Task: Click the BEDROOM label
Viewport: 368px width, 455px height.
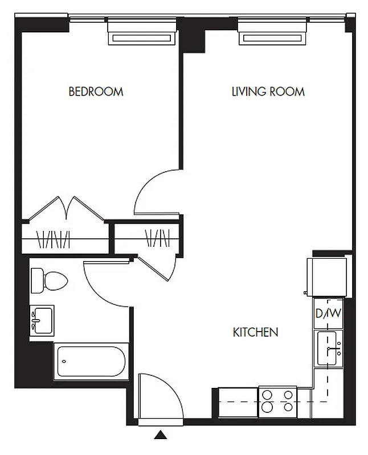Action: [x=96, y=92]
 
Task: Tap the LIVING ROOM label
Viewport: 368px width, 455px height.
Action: [x=268, y=92]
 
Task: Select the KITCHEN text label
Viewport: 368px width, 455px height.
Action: [x=256, y=332]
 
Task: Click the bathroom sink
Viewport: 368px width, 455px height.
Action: [x=42, y=321]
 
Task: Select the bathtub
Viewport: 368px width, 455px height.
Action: [x=91, y=361]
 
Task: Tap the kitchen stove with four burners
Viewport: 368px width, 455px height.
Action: [x=277, y=401]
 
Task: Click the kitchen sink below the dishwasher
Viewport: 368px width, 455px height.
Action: [x=329, y=348]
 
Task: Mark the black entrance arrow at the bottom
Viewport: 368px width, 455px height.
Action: [x=161, y=436]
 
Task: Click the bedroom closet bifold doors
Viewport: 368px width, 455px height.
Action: [x=67, y=209]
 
